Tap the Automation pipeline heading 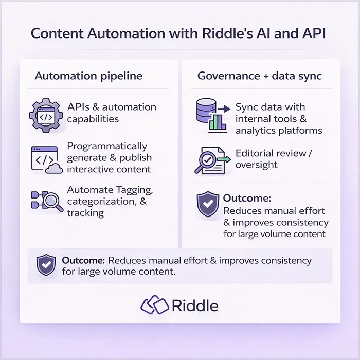(x=88, y=76)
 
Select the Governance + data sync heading (x=260, y=76)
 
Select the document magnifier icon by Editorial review (x=212, y=159)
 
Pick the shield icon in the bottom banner (x=46, y=265)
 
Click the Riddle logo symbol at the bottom (x=154, y=305)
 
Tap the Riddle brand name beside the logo (x=195, y=305)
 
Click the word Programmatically (x=107, y=146)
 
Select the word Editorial (x=257, y=153)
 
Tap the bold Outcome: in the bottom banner (x=82, y=261)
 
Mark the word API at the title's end (x=315, y=33)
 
